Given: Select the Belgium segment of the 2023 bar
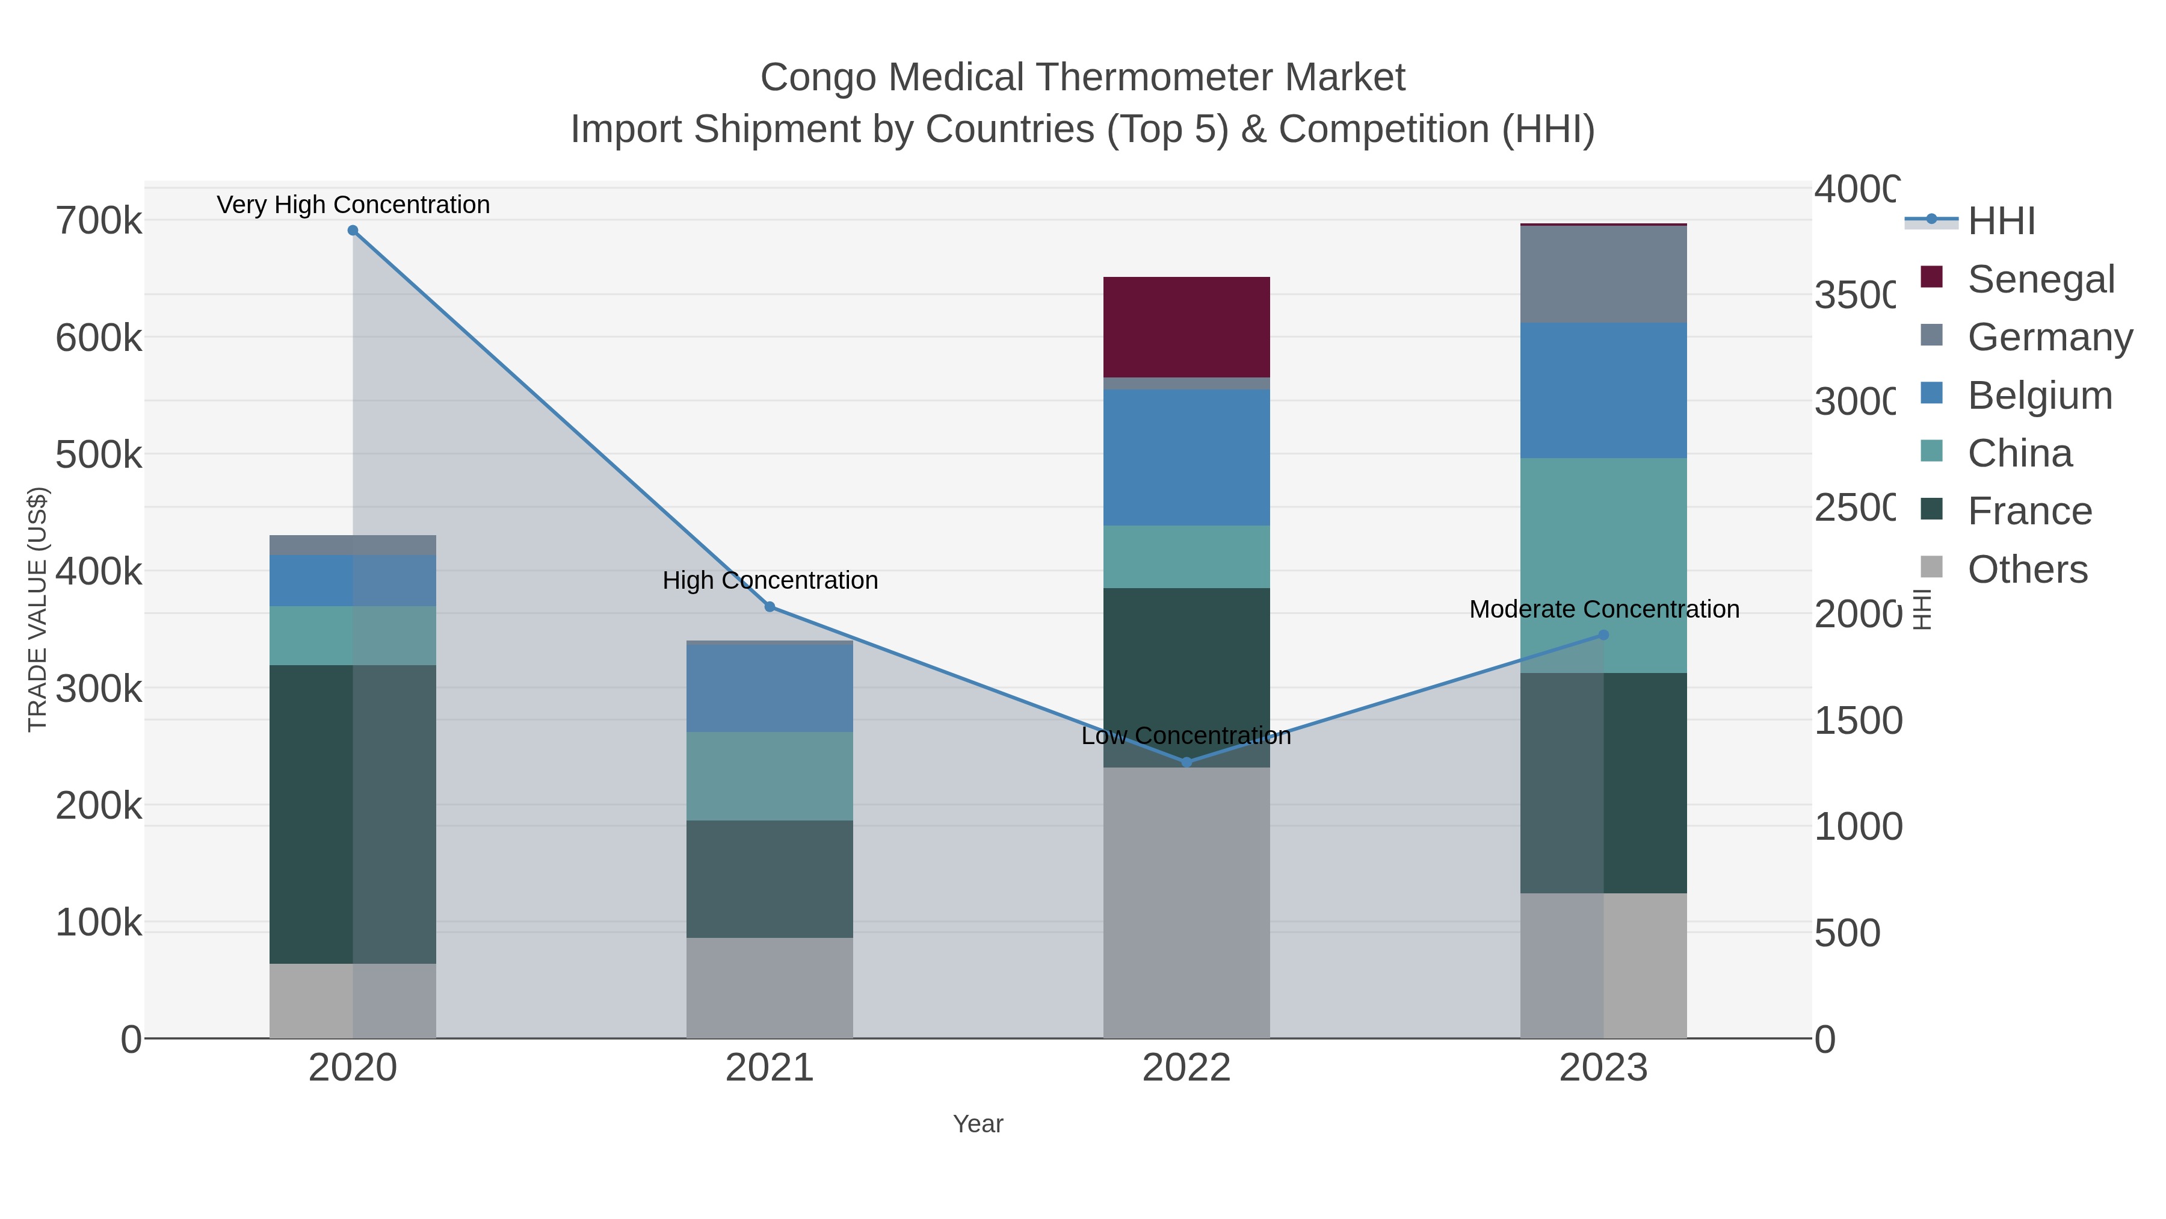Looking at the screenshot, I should (1603, 390).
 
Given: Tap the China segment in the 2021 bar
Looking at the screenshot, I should (770, 776).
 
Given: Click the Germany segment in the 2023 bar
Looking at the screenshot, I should (1603, 275).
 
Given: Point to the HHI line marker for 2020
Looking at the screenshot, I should (353, 231).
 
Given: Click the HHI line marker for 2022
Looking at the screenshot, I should (1186, 762).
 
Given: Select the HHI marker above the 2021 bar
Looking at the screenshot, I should (770, 607).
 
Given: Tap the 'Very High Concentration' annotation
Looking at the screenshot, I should (353, 205).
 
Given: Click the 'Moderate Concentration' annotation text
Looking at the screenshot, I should (1603, 609).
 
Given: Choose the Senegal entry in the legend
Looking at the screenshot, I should (2041, 279).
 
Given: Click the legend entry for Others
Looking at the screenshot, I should (2027, 569).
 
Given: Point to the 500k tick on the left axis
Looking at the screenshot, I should (99, 455).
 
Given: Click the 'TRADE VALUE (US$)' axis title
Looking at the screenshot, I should (38, 609).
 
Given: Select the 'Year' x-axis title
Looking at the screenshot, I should (978, 1124).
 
